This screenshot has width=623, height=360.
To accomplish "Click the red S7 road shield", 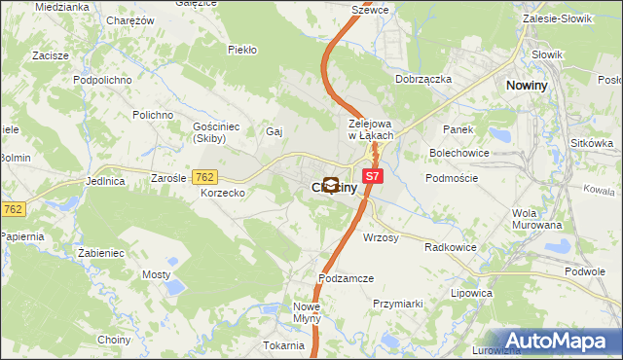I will (x=372, y=176).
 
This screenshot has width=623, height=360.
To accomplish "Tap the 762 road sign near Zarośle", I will (x=204, y=176).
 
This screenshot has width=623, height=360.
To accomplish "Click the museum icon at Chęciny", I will (x=331, y=185).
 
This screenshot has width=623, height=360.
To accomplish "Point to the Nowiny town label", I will (x=531, y=87).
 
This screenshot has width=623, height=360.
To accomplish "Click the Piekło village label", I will (x=241, y=49).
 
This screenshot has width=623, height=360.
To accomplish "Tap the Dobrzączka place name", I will (x=422, y=80).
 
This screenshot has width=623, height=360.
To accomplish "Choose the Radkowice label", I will (x=451, y=247).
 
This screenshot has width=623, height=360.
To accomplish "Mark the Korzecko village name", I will (x=222, y=194).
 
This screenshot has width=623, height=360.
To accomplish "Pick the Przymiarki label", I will (x=398, y=304).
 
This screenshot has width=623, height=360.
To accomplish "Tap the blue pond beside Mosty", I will (x=174, y=286).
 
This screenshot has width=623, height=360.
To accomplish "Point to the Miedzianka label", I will (x=61, y=7).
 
